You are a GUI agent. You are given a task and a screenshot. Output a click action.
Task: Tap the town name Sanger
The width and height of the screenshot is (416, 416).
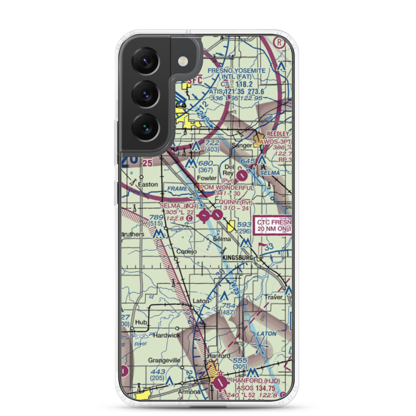pyautogui.click(x=242, y=145)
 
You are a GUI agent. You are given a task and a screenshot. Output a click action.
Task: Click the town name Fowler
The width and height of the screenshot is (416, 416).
pyautogui.click(x=207, y=178)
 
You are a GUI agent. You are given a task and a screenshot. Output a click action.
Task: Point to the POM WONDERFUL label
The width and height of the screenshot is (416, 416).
pyautogui.click(x=227, y=188)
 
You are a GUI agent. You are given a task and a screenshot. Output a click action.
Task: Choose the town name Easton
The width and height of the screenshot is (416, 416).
pyautogui.click(x=148, y=184)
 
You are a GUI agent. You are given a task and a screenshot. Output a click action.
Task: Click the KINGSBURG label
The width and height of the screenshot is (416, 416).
pyautogui.click(x=238, y=258)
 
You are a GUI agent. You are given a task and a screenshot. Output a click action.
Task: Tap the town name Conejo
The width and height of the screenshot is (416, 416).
pyautogui.click(x=186, y=252)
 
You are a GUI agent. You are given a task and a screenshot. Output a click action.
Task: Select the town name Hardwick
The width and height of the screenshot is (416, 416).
pyautogui.click(x=166, y=335)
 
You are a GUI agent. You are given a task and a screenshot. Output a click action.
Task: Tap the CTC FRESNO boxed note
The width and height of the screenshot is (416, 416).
pyautogui.click(x=273, y=226)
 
